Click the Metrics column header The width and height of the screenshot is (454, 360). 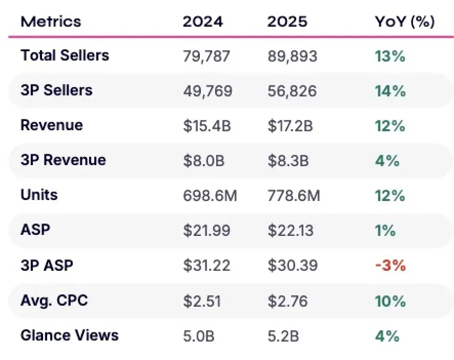[x=51, y=22]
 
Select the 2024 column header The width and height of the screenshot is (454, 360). [x=203, y=22]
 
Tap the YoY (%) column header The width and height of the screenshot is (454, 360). [x=405, y=22]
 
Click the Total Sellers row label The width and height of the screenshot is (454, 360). [x=65, y=55]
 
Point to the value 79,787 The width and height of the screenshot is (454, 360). [x=207, y=56]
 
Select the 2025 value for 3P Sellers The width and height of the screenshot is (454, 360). [x=292, y=91]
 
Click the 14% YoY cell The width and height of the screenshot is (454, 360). [x=390, y=91]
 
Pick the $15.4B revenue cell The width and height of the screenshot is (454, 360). [x=207, y=126]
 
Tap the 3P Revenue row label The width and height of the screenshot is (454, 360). [x=63, y=160]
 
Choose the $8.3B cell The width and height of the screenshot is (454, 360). [x=288, y=161]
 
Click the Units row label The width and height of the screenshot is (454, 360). [x=39, y=195]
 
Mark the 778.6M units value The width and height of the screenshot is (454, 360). [x=294, y=196]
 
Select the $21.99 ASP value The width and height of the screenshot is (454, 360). [x=207, y=231]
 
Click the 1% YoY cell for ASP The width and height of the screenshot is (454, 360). [x=385, y=231]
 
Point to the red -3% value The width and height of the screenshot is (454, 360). [x=390, y=266]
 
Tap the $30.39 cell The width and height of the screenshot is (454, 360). [x=293, y=266]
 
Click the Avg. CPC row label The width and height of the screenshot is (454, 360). [x=54, y=301]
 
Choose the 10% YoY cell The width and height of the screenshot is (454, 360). [x=390, y=301]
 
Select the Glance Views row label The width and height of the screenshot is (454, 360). [x=70, y=335]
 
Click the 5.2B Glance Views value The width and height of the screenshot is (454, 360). [x=283, y=336]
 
